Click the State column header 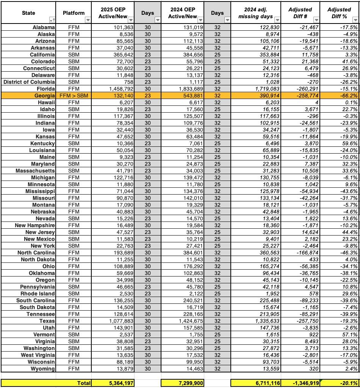(x=28, y=13)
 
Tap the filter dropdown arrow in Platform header (x=88, y=20)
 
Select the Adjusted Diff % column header (x=339, y=13)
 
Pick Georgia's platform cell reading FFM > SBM (x=74, y=96)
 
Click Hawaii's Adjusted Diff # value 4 (x=317, y=102)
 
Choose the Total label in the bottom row (x=84, y=383)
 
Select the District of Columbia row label (x=29, y=82)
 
